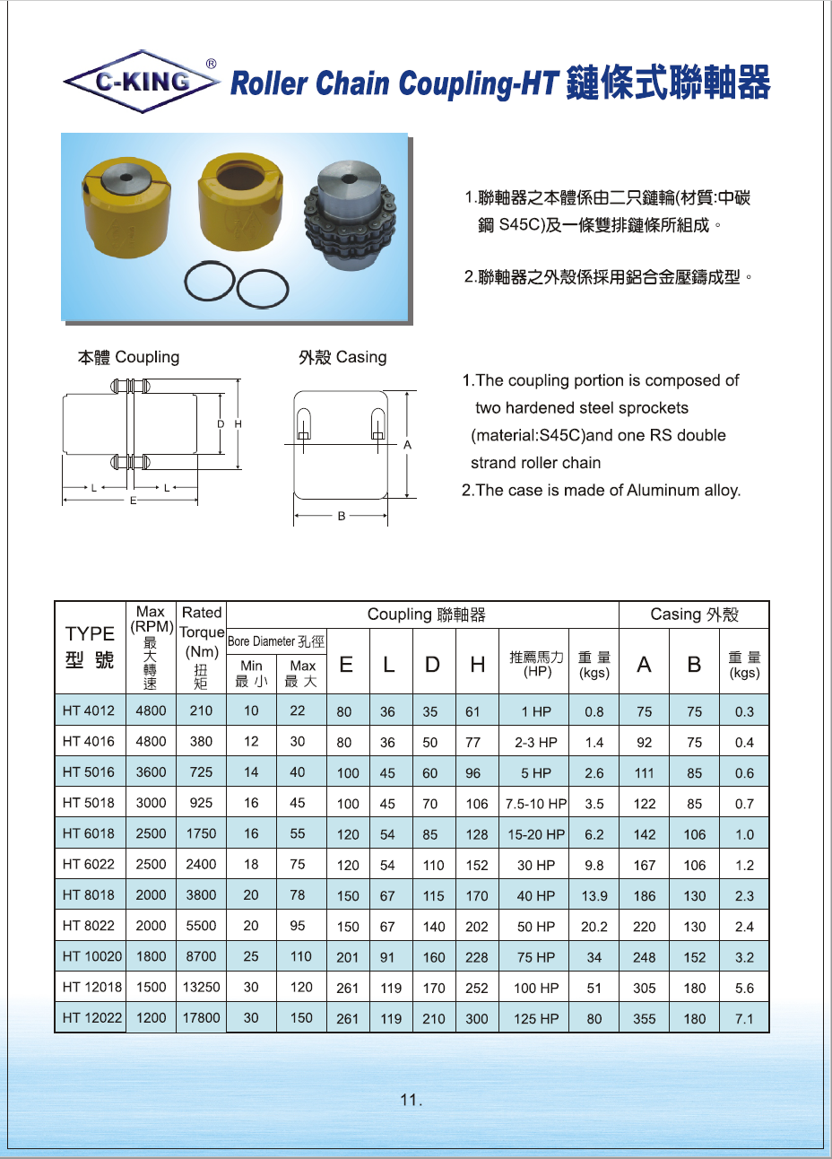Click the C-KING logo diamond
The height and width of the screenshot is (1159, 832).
point(143,82)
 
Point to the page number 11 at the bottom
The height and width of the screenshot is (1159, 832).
point(411,1100)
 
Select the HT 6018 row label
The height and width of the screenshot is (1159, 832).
point(89,833)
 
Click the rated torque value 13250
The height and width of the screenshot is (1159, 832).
point(201,987)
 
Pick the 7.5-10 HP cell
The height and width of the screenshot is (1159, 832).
point(536,804)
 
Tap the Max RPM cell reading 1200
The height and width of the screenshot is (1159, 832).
point(151,1017)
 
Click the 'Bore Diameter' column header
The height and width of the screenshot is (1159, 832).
point(276,641)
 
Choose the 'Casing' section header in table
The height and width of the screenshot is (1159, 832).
point(694,614)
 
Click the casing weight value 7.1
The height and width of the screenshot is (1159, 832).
point(744,1019)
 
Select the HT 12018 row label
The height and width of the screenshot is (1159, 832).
point(92,987)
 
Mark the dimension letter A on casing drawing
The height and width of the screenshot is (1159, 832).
point(407,445)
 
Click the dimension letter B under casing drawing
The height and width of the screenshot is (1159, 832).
point(342,516)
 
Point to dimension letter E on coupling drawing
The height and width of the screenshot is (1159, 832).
point(133,501)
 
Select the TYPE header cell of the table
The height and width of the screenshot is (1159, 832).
point(90,646)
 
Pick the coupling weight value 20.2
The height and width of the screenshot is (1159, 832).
point(594,927)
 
